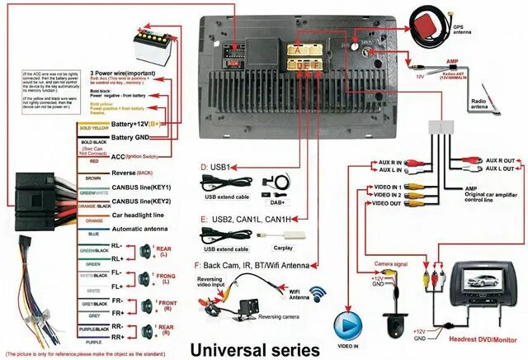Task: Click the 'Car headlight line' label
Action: coord(139,215)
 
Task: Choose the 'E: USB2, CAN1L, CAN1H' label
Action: coord(245,219)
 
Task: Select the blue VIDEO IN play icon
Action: coord(347,324)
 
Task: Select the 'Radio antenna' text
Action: coord(481,105)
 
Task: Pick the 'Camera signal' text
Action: coord(390,264)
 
